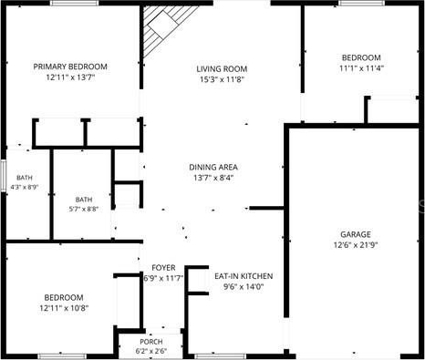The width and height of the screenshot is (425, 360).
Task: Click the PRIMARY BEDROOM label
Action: pos(70,67)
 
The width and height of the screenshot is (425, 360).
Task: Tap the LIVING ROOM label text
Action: pos(222,69)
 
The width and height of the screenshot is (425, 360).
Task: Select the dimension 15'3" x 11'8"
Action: pos(223,79)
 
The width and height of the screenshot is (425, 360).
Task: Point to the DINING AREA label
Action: pos(213,167)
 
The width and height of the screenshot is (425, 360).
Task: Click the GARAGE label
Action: pos(356,234)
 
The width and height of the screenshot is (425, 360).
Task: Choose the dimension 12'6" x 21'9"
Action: pos(356,245)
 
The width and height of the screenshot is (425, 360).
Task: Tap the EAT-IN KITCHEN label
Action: pos(244,276)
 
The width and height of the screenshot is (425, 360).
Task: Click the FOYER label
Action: pos(163,268)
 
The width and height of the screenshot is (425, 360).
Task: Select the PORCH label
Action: pos(151,342)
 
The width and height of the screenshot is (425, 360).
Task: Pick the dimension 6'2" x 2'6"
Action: pos(151,351)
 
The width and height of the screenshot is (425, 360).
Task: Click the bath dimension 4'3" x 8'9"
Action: pos(25,187)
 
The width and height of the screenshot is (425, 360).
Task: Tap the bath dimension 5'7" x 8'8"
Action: pos(84,209)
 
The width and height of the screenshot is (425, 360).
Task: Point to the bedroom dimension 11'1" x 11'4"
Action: pos(361,68)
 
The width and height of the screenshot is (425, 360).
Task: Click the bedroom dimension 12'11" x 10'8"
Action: pos(64,308)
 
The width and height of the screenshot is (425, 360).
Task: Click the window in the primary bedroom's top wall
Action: pos(75,3)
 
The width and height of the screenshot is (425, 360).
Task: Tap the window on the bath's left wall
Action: pos(3,176)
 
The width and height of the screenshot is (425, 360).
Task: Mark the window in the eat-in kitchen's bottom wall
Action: pos(220,356)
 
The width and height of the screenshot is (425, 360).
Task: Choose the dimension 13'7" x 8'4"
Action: pos(213,178)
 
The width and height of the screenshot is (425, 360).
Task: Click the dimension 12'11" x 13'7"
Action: pos(70,77)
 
